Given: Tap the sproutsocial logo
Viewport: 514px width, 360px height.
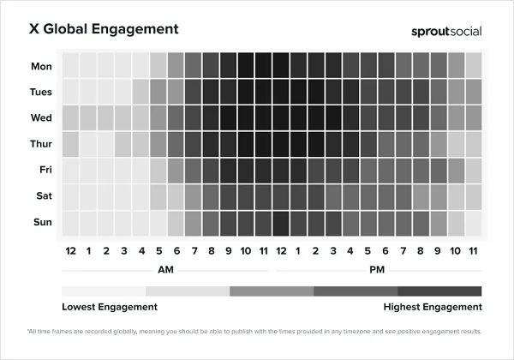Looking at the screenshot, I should click(446, 31).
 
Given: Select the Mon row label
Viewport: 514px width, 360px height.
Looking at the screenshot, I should click(40, 66).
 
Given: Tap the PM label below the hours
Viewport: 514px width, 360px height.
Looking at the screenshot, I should click(377, 269).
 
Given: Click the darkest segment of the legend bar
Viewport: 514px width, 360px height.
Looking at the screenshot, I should click(439, 291).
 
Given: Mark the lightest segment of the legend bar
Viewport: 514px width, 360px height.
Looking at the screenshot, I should click(104, 291).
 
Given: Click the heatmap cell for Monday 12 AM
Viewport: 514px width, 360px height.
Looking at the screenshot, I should click(70, 66).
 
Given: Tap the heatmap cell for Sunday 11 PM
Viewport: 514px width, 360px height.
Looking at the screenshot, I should click(473, 223).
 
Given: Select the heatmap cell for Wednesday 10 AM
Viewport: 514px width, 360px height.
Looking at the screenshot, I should click(246, 118).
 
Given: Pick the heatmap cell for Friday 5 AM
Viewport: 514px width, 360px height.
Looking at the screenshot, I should click(158, 171).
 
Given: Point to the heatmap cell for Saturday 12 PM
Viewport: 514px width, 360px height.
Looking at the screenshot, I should click(280, 196).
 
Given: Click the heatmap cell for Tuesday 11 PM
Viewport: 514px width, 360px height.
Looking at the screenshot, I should click(473, 92).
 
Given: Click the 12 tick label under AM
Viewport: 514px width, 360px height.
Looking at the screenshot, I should click(70, 250).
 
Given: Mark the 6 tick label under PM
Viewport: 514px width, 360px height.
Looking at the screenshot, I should click(385, 250).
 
